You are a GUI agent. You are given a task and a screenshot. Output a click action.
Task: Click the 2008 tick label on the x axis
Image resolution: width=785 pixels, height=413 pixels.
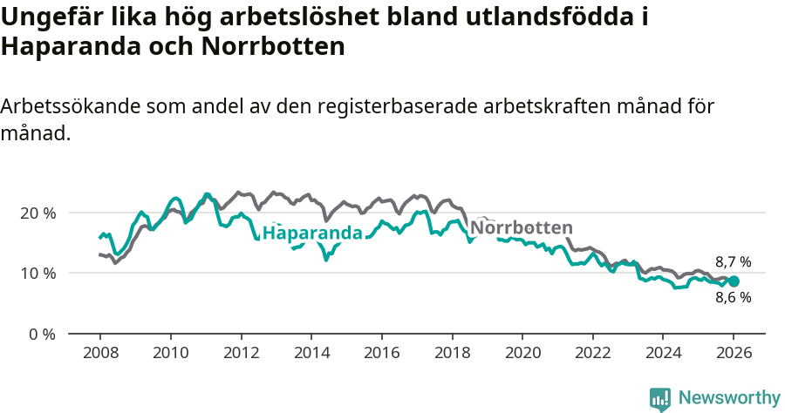click(99, 355)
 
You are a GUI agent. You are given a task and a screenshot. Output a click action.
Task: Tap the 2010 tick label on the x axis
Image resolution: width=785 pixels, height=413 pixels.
click(170, 355)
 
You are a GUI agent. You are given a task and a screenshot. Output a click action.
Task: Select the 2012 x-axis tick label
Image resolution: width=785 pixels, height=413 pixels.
click(241, 355)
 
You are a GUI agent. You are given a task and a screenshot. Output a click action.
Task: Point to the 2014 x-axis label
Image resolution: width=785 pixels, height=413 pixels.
click(311, 355)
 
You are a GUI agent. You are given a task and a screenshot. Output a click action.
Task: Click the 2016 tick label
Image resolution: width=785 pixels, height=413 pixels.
click(381, 355)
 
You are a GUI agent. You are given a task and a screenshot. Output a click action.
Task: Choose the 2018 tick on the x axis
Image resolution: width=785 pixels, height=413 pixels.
click(452, 355)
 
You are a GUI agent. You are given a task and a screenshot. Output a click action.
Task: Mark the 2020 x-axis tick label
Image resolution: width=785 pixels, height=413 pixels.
click(522, 355)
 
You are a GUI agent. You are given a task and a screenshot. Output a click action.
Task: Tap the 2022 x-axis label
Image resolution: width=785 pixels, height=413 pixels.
click(593, 355)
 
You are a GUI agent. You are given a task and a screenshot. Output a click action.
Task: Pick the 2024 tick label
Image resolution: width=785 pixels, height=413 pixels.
click(663, 355)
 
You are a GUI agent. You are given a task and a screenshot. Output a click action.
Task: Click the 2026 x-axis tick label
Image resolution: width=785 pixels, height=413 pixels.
click(734, 355)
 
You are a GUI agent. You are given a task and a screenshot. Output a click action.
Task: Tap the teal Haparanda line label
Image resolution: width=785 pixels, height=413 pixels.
click(312, 234)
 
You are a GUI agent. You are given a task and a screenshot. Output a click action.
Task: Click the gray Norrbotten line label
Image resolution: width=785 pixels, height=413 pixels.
click(521, 227)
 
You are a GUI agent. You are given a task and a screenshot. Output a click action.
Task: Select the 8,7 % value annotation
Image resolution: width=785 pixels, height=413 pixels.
click(733, 261)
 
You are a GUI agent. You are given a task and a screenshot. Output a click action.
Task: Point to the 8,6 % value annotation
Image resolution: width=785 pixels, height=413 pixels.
click(733, 297)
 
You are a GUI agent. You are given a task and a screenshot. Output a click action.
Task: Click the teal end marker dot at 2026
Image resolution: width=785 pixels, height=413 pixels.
click(734, 281)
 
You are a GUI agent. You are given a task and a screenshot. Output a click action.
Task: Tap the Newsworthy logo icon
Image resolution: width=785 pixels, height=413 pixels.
click(660, 399)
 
